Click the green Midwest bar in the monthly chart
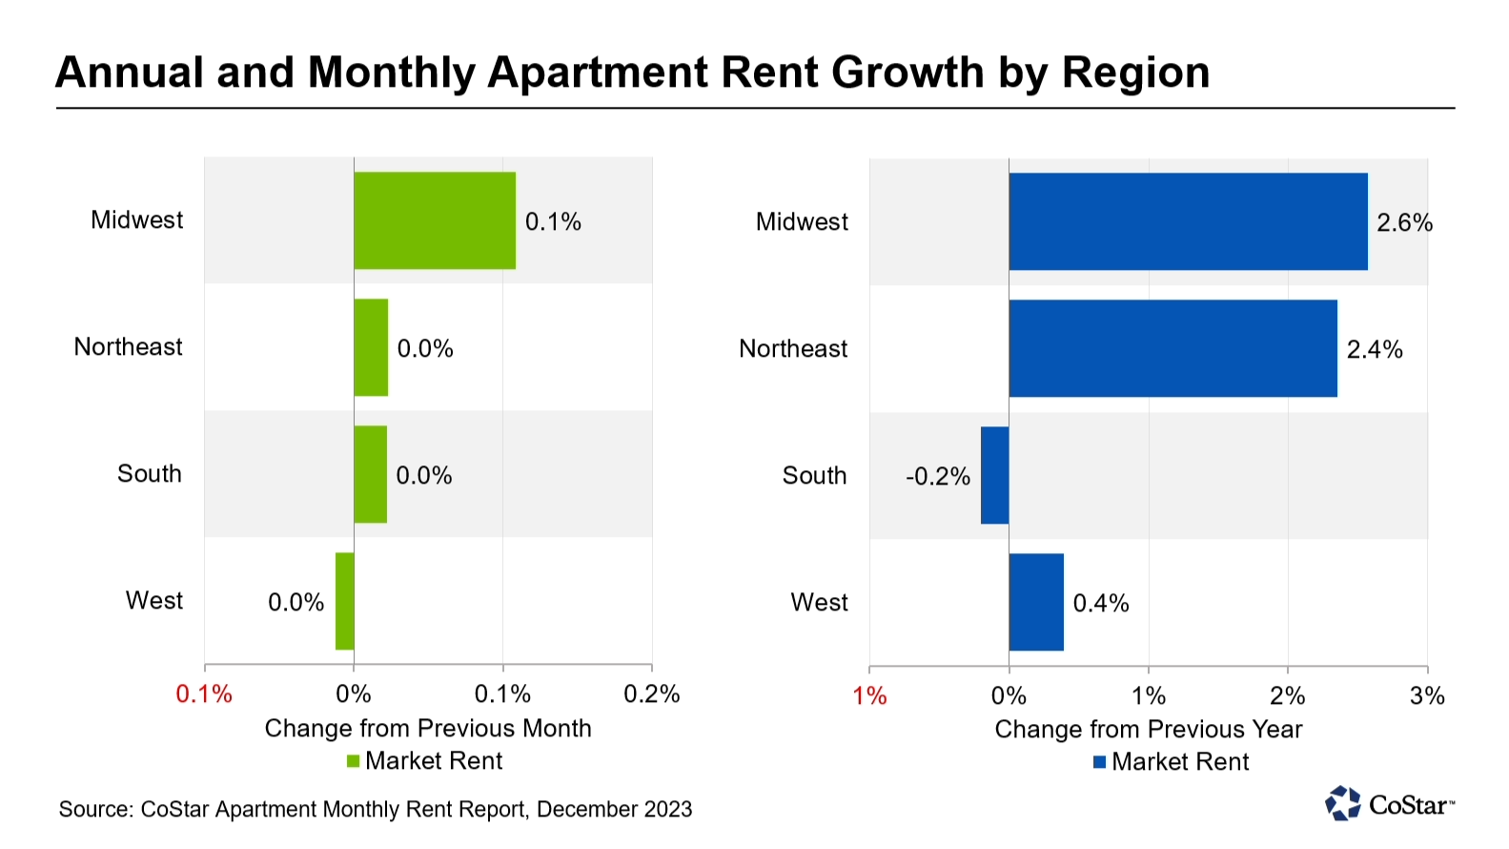click(x=435, y=220)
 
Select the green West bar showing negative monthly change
click(x=344, y=601)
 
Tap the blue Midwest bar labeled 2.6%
click(x=1188, y=221)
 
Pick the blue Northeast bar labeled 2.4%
click(x=1173, y=348)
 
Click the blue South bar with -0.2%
click(x=994, y=475)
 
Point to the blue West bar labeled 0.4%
click(x=1036, y=602)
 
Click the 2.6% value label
click(x=1404, y=222)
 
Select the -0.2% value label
click(x=938, y=476)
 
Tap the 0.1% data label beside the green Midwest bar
click(x=553, y=221)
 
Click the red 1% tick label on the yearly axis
click(x=869, y=695)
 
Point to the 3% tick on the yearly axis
click(x=1427, y=695)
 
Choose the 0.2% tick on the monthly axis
click(x=652, y=694)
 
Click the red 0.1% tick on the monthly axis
click(x=204, y=694)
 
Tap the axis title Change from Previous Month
click(x=428, y=728)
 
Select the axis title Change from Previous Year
click(x=1148, y=729)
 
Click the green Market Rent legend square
click(x=353, y=761)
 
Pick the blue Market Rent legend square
click(x=1099, y=762)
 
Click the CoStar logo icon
click(x=1343, y=803)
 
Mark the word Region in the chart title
click(x=1135, y=72)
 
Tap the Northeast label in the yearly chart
click(x=793, y=348)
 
